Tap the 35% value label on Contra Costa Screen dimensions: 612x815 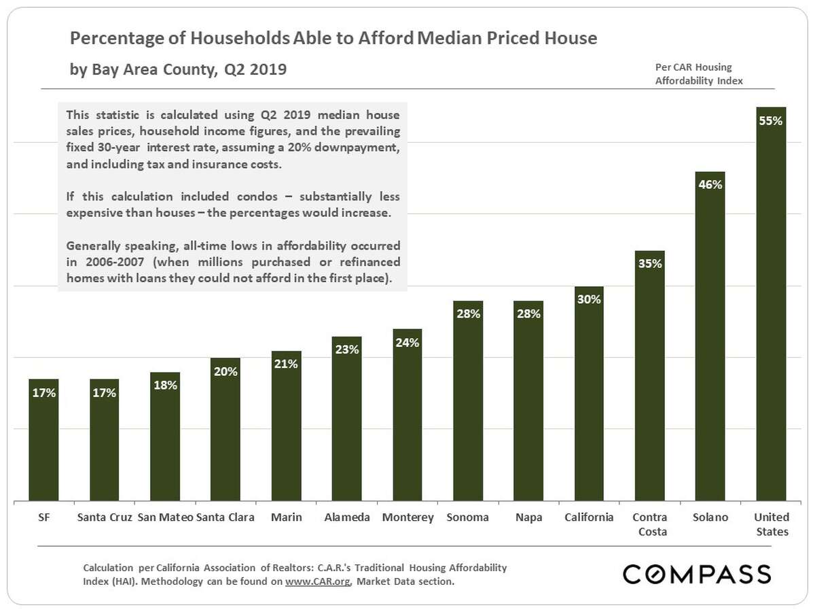(650, 264)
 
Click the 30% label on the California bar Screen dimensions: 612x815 (589, 299)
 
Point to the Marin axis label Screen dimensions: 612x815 (286, 517)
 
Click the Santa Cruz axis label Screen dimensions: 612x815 (105, 517)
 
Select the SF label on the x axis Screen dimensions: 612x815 (43, 517)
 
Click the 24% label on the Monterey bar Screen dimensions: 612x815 (407, 343)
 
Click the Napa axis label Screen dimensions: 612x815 (528, 517)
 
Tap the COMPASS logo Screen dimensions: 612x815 (697, 574)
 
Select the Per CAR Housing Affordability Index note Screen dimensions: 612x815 (698, 73)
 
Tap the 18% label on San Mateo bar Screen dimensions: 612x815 (165, 386)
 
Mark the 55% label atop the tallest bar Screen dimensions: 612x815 (771, 121)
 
